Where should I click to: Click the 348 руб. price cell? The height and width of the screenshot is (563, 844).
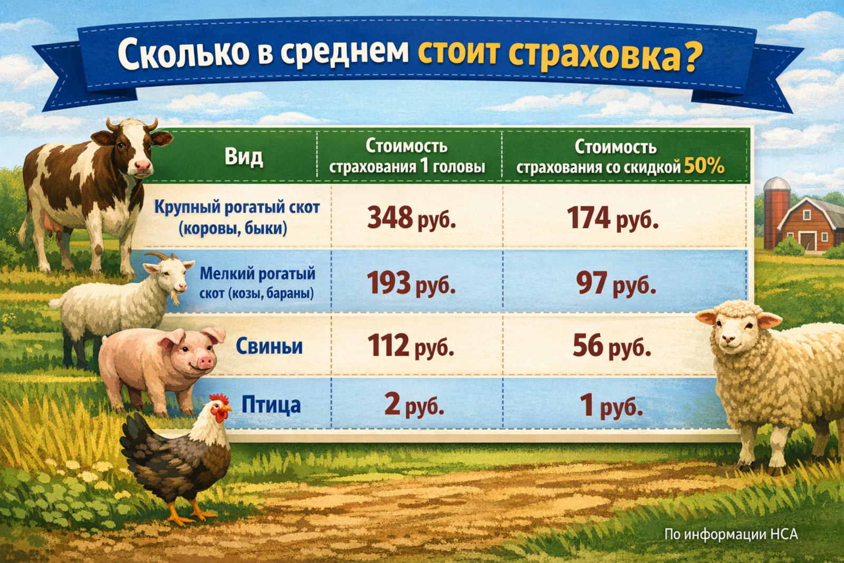[x=411, y=218]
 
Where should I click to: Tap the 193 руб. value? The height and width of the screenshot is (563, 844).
[x=411, y=283]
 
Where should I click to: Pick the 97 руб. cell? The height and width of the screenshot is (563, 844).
[x=616, y=283]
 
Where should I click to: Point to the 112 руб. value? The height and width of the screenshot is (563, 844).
[x=410, y=346]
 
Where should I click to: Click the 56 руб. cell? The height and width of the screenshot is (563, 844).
[x=612, y=346]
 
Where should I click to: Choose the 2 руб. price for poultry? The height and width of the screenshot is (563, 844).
[x=414, y=405]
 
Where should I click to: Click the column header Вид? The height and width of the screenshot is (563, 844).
[x=243, y=157]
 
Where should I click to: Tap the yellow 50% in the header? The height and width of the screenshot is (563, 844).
[x=704, y=166]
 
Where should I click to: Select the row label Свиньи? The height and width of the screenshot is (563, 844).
[x=269, y=346]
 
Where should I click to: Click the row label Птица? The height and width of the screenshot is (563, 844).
[x=271, y=405]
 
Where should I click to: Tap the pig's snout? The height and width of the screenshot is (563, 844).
[x=205, y=362]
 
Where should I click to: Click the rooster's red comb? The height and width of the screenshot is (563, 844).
[x=219, y=399]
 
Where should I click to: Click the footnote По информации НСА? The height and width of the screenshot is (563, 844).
[x=731, y=534]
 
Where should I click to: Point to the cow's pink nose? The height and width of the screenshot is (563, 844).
[x=142, y=166]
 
